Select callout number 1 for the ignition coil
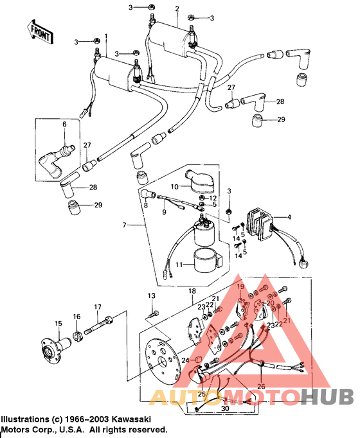tap(106, 36)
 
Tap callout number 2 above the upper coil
tap(177, 9)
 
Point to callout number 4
tap(289, 217)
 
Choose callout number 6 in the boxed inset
tap(64, 124)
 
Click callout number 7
tap(127, 225)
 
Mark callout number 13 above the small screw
tap(152, 295)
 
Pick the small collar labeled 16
tap(76, 334)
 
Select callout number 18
tap(191, 292)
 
